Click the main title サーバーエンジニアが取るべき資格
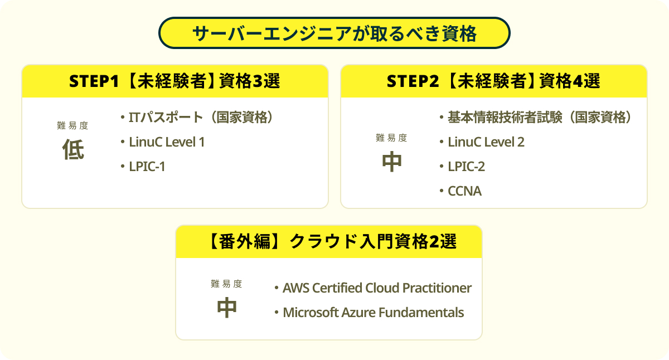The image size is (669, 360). tap(334, 33)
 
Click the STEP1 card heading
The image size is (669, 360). tap(174, 81)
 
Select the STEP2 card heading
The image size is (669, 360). tap(494, 81)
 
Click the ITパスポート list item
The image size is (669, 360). tap(201, 118)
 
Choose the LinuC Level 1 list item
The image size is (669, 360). tap(167, 142)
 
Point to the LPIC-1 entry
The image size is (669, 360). tap(147, 167)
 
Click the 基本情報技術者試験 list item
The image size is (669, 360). tap(540, 118)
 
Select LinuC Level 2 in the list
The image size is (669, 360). tap(486, 142)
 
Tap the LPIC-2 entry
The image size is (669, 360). tap(466, 167)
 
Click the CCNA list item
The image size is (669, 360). tap(464, 191)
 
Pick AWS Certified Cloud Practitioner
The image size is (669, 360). tap(377, 288)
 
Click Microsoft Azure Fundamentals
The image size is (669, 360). tap(373, 313)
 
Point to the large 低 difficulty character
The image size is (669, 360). tap(73, 149)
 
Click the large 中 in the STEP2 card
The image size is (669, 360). tap(392, 162)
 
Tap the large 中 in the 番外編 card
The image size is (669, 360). tap(227, 308)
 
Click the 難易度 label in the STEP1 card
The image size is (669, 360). tap(72, 126)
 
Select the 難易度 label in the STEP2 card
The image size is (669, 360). tap(391, 138)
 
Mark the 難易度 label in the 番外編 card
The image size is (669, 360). tap(226, 284)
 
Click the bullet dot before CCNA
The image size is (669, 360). tap(442, 191)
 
